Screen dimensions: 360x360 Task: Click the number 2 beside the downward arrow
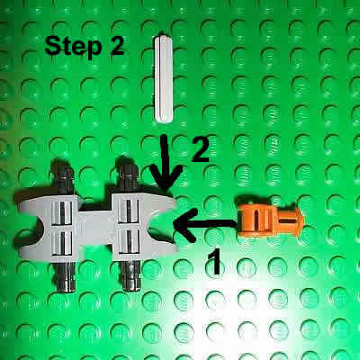click(x=200, y=148)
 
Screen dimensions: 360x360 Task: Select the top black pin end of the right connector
click(x=128, y=171)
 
